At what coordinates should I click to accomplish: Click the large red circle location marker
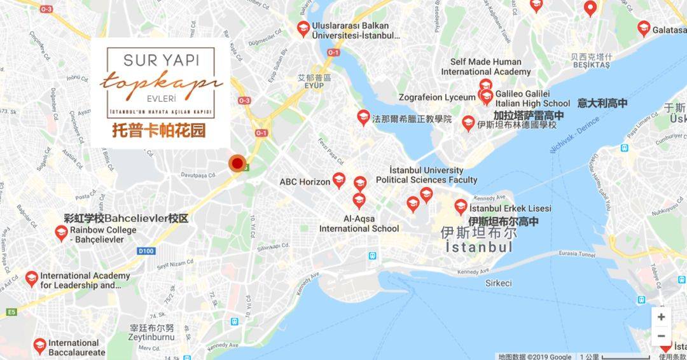coord(238,164)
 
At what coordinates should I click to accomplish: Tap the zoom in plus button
coord(662,317)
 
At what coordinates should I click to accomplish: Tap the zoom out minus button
coord(662,336)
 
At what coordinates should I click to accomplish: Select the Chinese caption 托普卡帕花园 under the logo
coord(159,131)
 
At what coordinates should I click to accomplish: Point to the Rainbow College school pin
coord(61,233)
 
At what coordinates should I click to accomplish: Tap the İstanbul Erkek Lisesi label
coord(510,209)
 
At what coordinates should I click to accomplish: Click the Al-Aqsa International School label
coord(359,223)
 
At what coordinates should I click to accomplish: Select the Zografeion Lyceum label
coord(437,97)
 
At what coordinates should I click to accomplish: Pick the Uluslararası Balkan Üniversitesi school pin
coord(304,29)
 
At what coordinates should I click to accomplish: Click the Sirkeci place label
coord(498,283)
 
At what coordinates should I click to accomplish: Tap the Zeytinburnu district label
coord(151,339)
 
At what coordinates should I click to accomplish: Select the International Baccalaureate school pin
coord(39,345)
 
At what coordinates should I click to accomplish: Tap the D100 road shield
coord(146,251)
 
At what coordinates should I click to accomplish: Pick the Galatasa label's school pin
coord(644,29)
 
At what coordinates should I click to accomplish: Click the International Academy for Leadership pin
coord(32,279)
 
